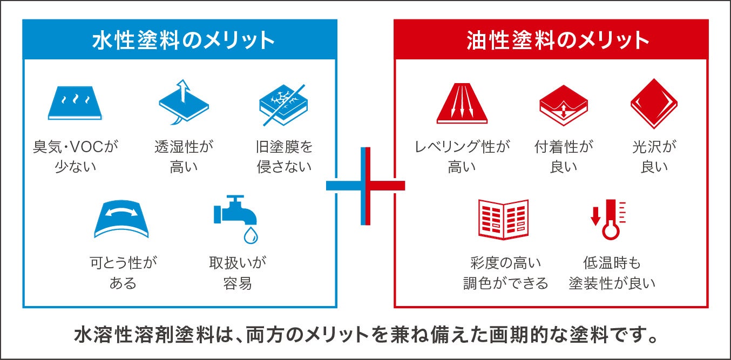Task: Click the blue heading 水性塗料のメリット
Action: click(180, 40)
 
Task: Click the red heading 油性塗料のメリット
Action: click(551, 40)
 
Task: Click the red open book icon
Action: click(503, 219)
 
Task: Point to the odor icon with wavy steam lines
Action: click(75, 103)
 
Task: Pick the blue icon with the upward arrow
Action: click(183, 103)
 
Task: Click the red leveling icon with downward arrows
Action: click(462, 103)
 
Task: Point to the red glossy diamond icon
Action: click(654, 103)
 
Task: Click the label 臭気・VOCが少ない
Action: click(75, 156)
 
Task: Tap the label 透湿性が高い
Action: click(184, 156)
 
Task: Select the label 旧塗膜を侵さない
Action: click(284, 156)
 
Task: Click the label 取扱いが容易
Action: click(238, 273)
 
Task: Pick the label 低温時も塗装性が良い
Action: click(612, 273)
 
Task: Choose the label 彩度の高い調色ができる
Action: click(505, 273)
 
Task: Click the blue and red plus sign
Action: click(365, 186)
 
